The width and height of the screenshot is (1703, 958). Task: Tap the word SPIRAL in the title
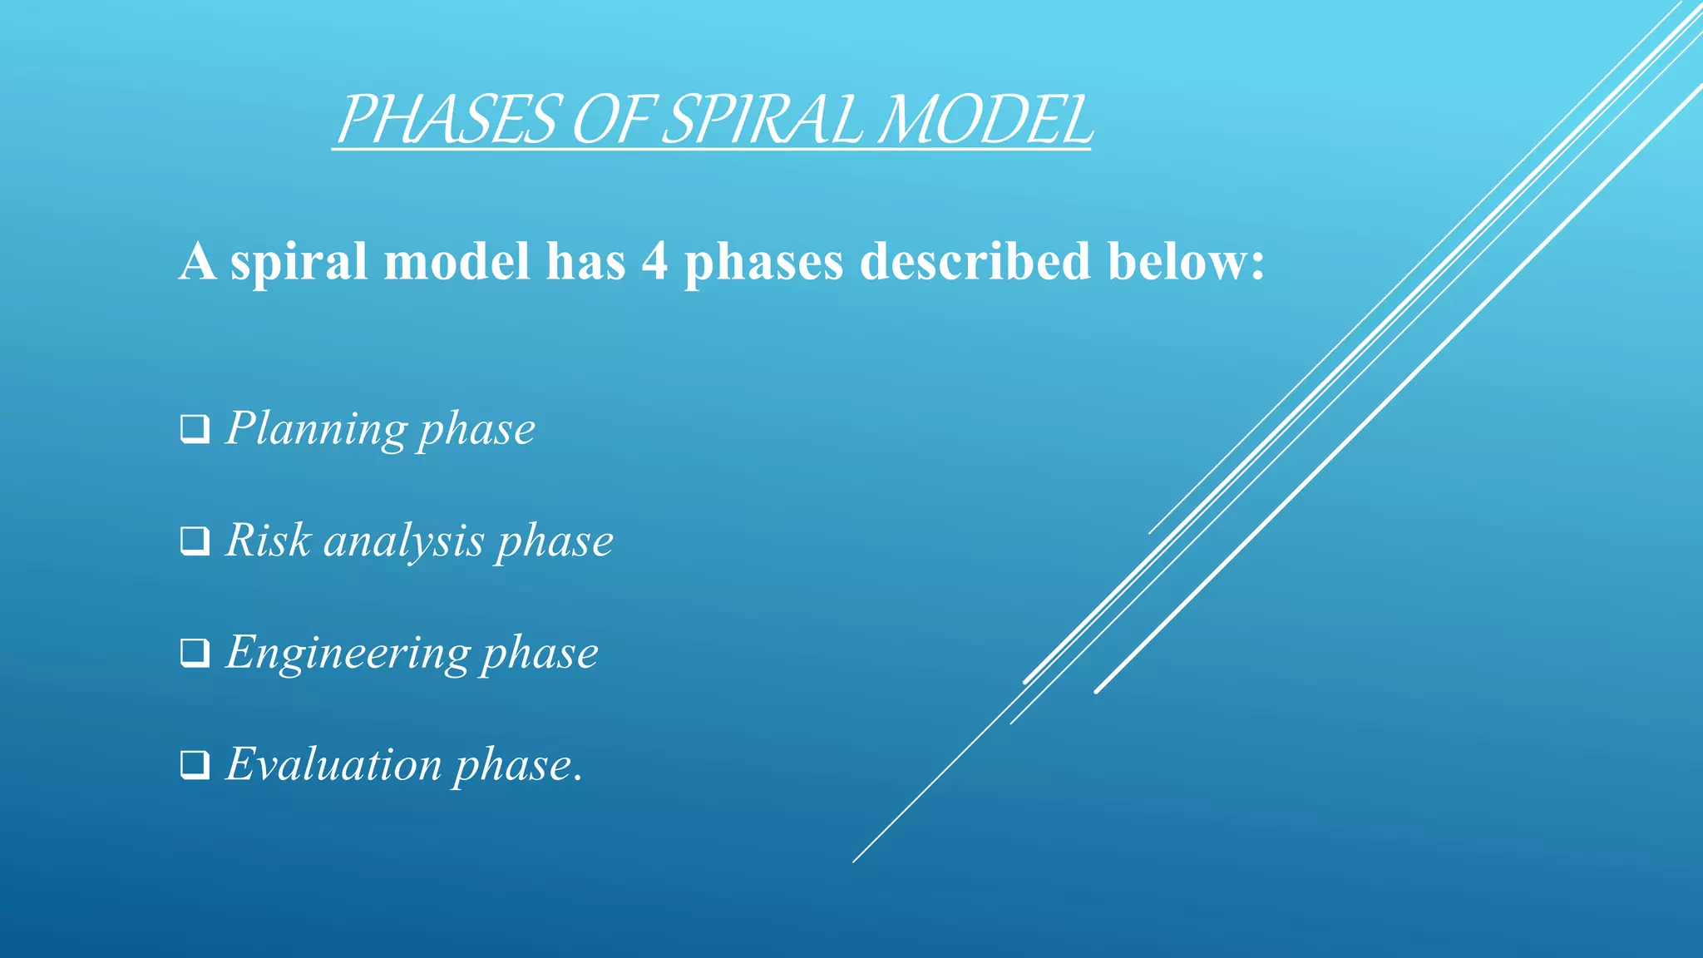tap(763, 120)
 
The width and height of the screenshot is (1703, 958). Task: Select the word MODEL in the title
tap(985, 120)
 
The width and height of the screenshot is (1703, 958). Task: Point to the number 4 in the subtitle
tap(654, 262)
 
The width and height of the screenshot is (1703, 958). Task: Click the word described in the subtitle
tap(974, 262)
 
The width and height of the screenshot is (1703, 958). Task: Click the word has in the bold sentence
tap(585, 262)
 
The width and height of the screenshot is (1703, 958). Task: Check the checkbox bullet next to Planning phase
tap(195, 429)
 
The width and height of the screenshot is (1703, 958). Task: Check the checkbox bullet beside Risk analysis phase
tap(195, 541)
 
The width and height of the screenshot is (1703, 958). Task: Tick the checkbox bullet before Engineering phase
tap(195, 653)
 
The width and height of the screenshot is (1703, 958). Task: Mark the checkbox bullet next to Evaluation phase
tap(195, 764)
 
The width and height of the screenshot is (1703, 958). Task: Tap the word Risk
tap(268, 541)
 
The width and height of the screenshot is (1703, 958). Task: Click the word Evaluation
tap(333, 764)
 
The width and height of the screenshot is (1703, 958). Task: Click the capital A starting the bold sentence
tap(198, 262)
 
